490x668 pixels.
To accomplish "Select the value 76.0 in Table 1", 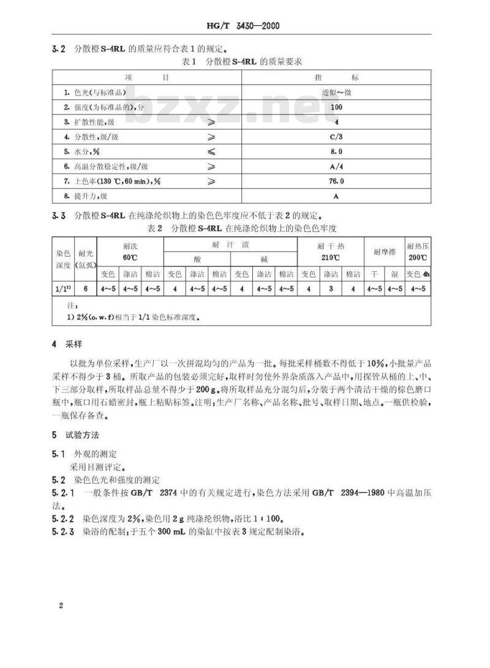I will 336,181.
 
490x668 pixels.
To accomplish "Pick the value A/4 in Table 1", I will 336,167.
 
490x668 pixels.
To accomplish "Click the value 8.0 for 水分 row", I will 336,151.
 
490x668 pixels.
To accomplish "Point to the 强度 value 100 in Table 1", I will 336,107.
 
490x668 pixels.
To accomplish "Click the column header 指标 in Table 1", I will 336,78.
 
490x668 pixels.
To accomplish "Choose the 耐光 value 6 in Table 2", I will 85,288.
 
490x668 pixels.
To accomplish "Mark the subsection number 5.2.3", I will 63,531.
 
